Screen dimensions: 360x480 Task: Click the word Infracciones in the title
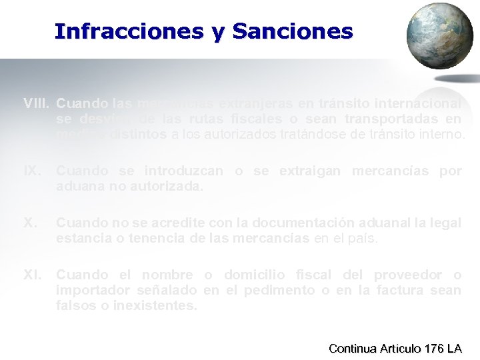click(x=129, y=31)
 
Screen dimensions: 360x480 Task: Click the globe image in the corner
click(x=439, y=36)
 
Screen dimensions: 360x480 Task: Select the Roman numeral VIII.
click(x=37, y=103)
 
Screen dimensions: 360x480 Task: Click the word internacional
click(x=419, y=103)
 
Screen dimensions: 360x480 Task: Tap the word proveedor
click(x=408, y=275)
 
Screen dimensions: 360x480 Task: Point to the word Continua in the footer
click(x=354, y=348)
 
